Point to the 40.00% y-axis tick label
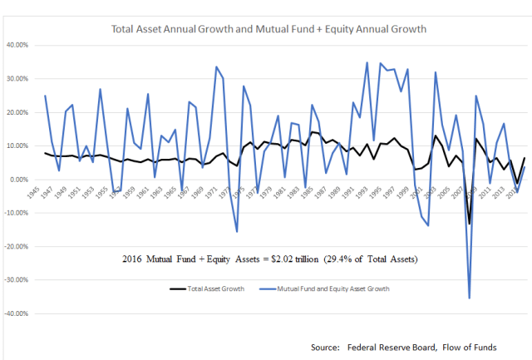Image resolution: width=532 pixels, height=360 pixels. pos(18,45)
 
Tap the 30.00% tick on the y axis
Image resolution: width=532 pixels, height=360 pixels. pos(18,79)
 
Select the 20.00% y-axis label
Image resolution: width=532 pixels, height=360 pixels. pos(18,112)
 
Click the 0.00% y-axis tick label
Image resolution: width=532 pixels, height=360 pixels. pos(20,180)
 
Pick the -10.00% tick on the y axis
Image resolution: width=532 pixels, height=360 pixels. pos(17,213)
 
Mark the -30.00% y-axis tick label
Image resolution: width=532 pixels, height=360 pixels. pos(17,280)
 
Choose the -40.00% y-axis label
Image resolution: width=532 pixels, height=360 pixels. pos(17,314)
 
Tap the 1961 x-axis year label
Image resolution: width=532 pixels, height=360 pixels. pos(148,193)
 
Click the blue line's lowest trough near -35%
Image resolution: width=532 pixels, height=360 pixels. pos(470,298)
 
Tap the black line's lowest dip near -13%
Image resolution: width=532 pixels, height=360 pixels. pos(469,224)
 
